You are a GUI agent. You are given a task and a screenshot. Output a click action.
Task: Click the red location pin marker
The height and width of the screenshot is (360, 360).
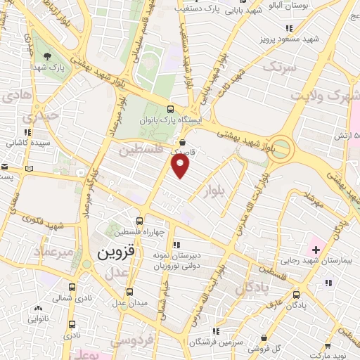click(181, 165)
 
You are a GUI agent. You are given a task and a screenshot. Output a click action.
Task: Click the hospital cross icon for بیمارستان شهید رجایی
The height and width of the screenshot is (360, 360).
click(316, 249)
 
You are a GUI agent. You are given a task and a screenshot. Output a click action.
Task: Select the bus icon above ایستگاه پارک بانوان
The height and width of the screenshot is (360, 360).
click(171, 109)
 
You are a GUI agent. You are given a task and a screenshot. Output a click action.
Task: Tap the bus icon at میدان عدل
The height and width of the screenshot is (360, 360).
click(128, 292)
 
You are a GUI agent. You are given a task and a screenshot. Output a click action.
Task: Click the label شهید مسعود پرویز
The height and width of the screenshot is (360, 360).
click(290, 39)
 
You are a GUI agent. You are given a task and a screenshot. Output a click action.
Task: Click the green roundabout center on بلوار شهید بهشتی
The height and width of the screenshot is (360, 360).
click(282, 148)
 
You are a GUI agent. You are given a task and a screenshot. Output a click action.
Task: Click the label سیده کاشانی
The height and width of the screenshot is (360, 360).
click(26, 143)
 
